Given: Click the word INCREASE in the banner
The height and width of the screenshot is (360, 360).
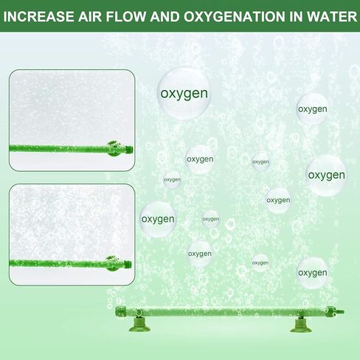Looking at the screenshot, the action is [38, 16].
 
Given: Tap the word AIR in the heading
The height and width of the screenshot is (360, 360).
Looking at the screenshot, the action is [90, 16].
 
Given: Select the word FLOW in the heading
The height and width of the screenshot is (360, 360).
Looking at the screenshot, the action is [126, 16].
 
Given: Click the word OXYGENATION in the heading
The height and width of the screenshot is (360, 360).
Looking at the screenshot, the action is [235, 16].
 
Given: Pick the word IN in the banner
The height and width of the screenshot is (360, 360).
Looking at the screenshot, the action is [296, 16].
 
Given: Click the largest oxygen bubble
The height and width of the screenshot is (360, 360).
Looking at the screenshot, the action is [184, 93].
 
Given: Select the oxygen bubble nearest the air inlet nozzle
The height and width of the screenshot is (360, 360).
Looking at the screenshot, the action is [312, 273].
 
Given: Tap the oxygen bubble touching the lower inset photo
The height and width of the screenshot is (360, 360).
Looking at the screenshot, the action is [158, 219].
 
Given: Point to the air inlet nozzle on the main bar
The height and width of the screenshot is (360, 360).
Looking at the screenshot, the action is [341, 313].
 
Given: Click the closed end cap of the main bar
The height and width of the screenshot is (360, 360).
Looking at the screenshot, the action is [120, 312].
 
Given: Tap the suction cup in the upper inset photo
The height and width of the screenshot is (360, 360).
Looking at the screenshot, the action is [114, 149].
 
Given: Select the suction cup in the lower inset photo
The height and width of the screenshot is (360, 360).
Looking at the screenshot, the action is [112, 263].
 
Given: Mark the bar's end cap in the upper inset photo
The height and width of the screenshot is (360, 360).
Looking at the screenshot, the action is [129, 149].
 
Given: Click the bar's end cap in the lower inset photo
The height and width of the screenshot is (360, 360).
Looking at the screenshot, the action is [128, 265].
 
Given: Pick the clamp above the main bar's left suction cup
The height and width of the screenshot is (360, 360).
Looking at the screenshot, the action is [139, 313].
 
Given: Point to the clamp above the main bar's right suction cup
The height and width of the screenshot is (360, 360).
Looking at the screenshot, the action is [300, 314].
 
